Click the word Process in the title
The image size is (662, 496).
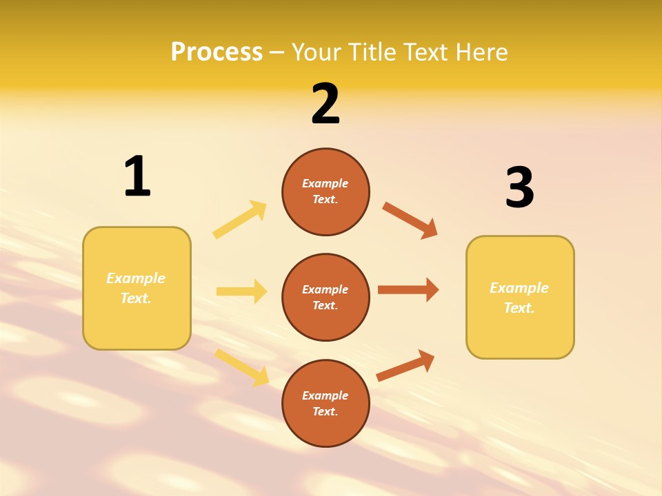(x=217, y=52)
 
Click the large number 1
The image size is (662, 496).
(x=137, y=176)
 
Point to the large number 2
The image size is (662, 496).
(x=325, y=104)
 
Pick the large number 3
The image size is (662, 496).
(x=519, y=188)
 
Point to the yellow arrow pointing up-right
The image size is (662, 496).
(x=240, y=220)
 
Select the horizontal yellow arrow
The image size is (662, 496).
(x=241, y=291)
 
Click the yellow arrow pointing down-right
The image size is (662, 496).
(x=242, y=366)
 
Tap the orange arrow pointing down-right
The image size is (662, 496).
(x=410, y=220)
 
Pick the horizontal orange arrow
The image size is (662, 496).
(x=408, y=289)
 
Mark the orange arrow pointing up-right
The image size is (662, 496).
(x=405, y=365)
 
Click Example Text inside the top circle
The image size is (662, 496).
(x=325, y=192)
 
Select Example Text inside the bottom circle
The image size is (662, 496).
(x=325, y=404)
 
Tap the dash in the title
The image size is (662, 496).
(x=277, y=52)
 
